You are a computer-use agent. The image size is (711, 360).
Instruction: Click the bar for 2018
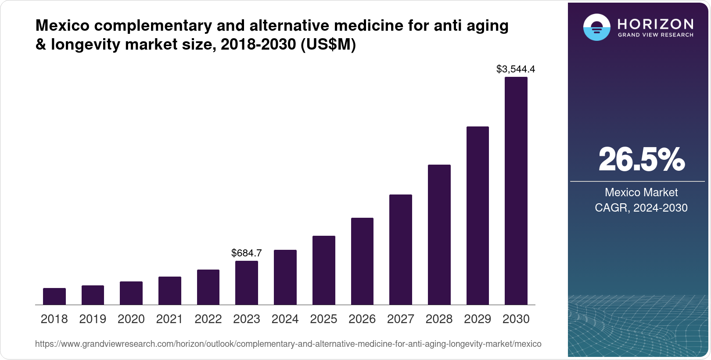click(54, 296)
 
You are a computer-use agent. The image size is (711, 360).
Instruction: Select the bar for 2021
click(170, 291)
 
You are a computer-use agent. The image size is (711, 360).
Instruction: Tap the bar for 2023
click(247, 283)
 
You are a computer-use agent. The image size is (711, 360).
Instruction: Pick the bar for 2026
click(362, 261)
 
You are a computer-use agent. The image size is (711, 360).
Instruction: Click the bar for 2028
click(439, 235)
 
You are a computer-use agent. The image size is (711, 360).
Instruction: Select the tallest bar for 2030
click(516, 191)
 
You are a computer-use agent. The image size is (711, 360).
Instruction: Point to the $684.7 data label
click(247, 253)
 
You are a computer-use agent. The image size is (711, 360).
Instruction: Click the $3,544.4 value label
click(516, 69)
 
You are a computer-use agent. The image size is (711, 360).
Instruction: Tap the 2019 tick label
click(93, 319)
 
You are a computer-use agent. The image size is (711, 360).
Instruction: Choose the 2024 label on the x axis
click(285, 319)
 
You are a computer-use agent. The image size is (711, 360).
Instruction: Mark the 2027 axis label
click(401, 319)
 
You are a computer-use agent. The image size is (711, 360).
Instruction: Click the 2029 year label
click(478, 319)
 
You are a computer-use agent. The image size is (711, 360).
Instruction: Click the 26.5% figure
click(641, 159)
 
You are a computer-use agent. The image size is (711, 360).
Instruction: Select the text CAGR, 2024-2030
click(641, 208)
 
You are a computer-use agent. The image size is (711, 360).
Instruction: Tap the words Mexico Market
click(641, 192)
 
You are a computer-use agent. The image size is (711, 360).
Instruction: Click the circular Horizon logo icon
click(596, 28)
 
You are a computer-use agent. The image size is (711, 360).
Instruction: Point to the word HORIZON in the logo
click(655, 24)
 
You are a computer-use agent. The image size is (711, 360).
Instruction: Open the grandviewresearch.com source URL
click(288, 344)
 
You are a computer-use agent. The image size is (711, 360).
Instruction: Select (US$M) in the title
click(328, 44)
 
